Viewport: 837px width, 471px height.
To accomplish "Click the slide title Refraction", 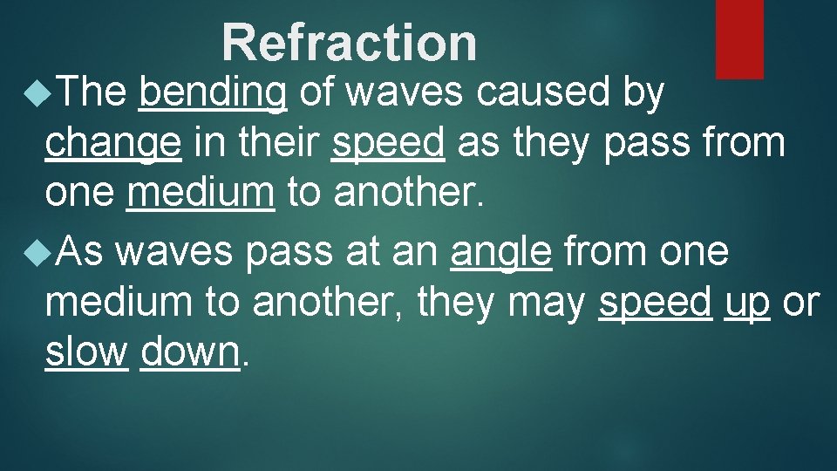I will coord(350,42).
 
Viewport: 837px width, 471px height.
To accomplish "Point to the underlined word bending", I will coord(213,92).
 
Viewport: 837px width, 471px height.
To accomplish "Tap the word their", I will coord(280,142).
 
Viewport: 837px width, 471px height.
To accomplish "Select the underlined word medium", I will coord(200,193).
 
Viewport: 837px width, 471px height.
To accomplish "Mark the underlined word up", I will coord(746,302).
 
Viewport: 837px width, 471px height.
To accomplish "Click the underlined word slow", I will coord(86,352).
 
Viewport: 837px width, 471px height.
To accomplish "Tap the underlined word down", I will coord(189,352).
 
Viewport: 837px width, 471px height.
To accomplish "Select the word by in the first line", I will coord(644,91).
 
